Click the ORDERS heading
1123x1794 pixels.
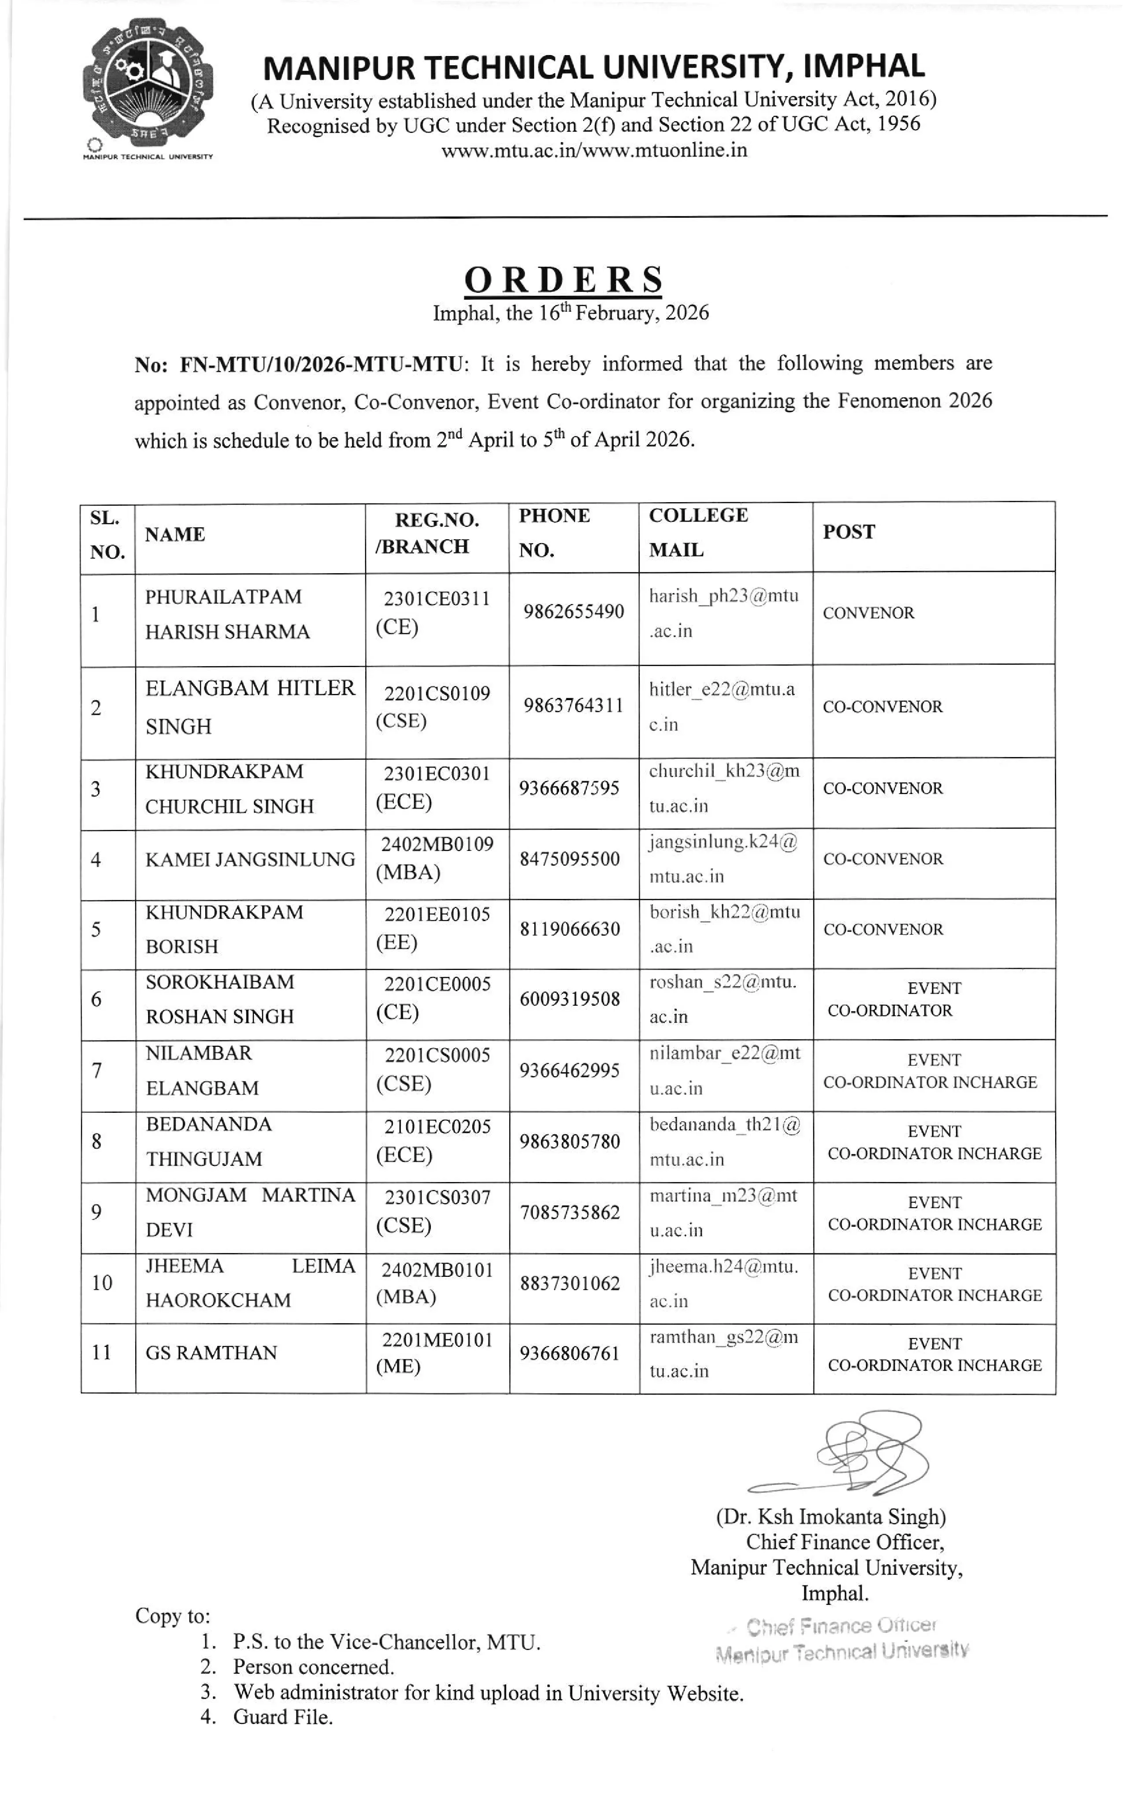(x=563, y=280)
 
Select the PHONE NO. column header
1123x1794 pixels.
(x=554, y=532)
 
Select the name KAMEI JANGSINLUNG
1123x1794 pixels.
(x=249, y=859)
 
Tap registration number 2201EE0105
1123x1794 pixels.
(x=437, y=914)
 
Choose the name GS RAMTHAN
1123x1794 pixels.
(x=211, y=1353)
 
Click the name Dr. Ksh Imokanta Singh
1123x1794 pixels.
(x=830, y=1516)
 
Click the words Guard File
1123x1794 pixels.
(x=282, y=1717)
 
